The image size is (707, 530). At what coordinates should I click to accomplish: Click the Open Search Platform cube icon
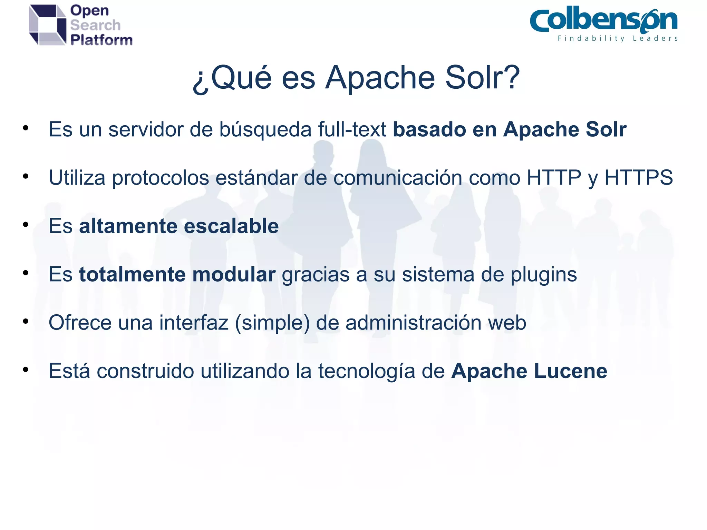(47, 25)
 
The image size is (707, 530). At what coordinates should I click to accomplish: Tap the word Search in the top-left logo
(95, 25)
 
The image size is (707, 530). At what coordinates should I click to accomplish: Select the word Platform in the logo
(101, 40)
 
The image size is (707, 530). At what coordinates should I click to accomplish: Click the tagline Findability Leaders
(618, 38)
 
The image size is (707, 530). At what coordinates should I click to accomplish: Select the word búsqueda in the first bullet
(265, 130)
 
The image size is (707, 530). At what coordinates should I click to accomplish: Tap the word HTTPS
(638, 178)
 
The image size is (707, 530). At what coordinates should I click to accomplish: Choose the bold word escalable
(231, 226)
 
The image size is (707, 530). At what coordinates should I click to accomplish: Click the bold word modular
(234, 275)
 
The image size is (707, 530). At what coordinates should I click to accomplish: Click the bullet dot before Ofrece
(26, 322)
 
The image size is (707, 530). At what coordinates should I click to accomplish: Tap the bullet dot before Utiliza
(26, 177)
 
